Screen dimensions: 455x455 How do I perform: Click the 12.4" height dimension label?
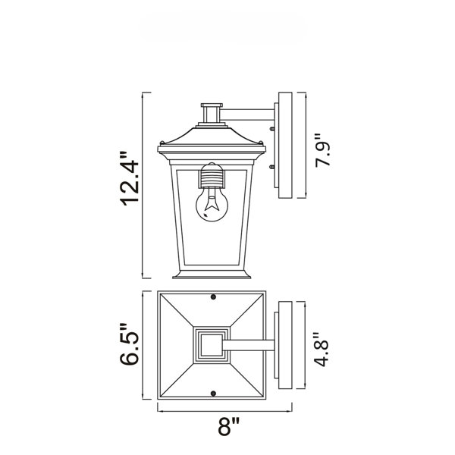tap(130, 178)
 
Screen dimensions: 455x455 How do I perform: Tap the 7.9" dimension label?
tap(322, 150)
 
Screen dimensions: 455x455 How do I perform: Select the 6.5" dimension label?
tap(130, 344)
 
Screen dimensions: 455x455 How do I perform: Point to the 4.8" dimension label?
tap(321, 350)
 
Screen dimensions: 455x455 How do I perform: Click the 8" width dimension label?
tap(229, 426)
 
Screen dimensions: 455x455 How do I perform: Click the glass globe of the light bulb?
tap(212, 206)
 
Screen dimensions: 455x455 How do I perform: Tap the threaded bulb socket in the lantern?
tap(212, 176)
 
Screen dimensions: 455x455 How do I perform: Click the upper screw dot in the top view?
tap(213, 297)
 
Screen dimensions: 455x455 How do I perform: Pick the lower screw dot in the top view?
tap(213, 394)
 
